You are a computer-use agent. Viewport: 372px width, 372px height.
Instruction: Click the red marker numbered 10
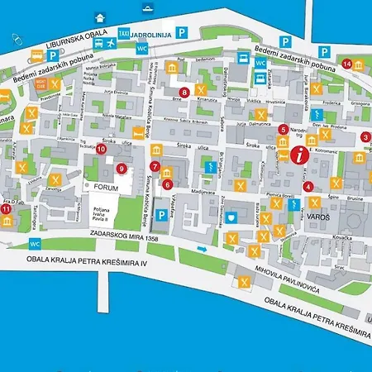pos(101,150)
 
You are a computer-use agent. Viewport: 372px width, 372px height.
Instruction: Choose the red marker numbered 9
pos(122,169)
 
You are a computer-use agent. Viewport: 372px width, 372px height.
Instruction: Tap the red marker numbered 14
pos(347,64)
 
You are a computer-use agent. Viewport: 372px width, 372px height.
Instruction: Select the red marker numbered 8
pos(184,93)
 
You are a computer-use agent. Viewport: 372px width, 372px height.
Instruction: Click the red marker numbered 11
pos(7,210)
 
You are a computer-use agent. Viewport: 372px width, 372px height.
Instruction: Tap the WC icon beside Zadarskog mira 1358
pos(35,244)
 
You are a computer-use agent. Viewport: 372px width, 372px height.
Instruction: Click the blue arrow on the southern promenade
pos(199,247)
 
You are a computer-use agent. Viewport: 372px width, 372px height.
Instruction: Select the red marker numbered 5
pos(284,129)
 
